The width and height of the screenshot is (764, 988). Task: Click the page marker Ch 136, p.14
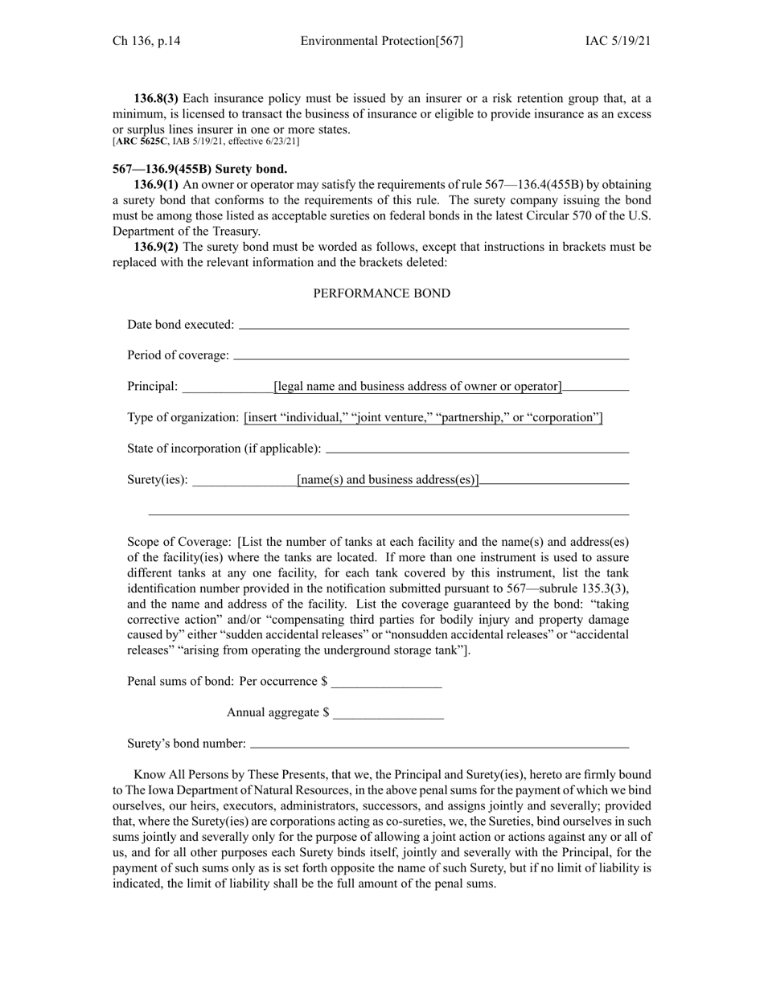[146, 41]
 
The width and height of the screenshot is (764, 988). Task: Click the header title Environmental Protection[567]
[381, 41]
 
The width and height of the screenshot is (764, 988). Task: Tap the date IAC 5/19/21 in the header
[618, 41]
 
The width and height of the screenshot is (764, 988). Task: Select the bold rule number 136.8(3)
[157, 99]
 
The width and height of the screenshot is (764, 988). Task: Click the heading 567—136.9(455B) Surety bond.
[199, 170]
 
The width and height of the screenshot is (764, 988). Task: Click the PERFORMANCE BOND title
[381, 293]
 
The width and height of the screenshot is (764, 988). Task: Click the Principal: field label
[153, 387]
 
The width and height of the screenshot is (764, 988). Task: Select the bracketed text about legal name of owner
[417, 387]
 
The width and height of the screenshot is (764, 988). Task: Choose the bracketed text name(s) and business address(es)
[388, 480]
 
